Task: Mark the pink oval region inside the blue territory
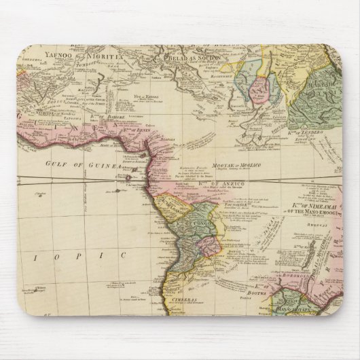pyautogui.click(x=261, y=89)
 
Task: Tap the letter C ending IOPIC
pyautogui.click(x=125, y=255)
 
